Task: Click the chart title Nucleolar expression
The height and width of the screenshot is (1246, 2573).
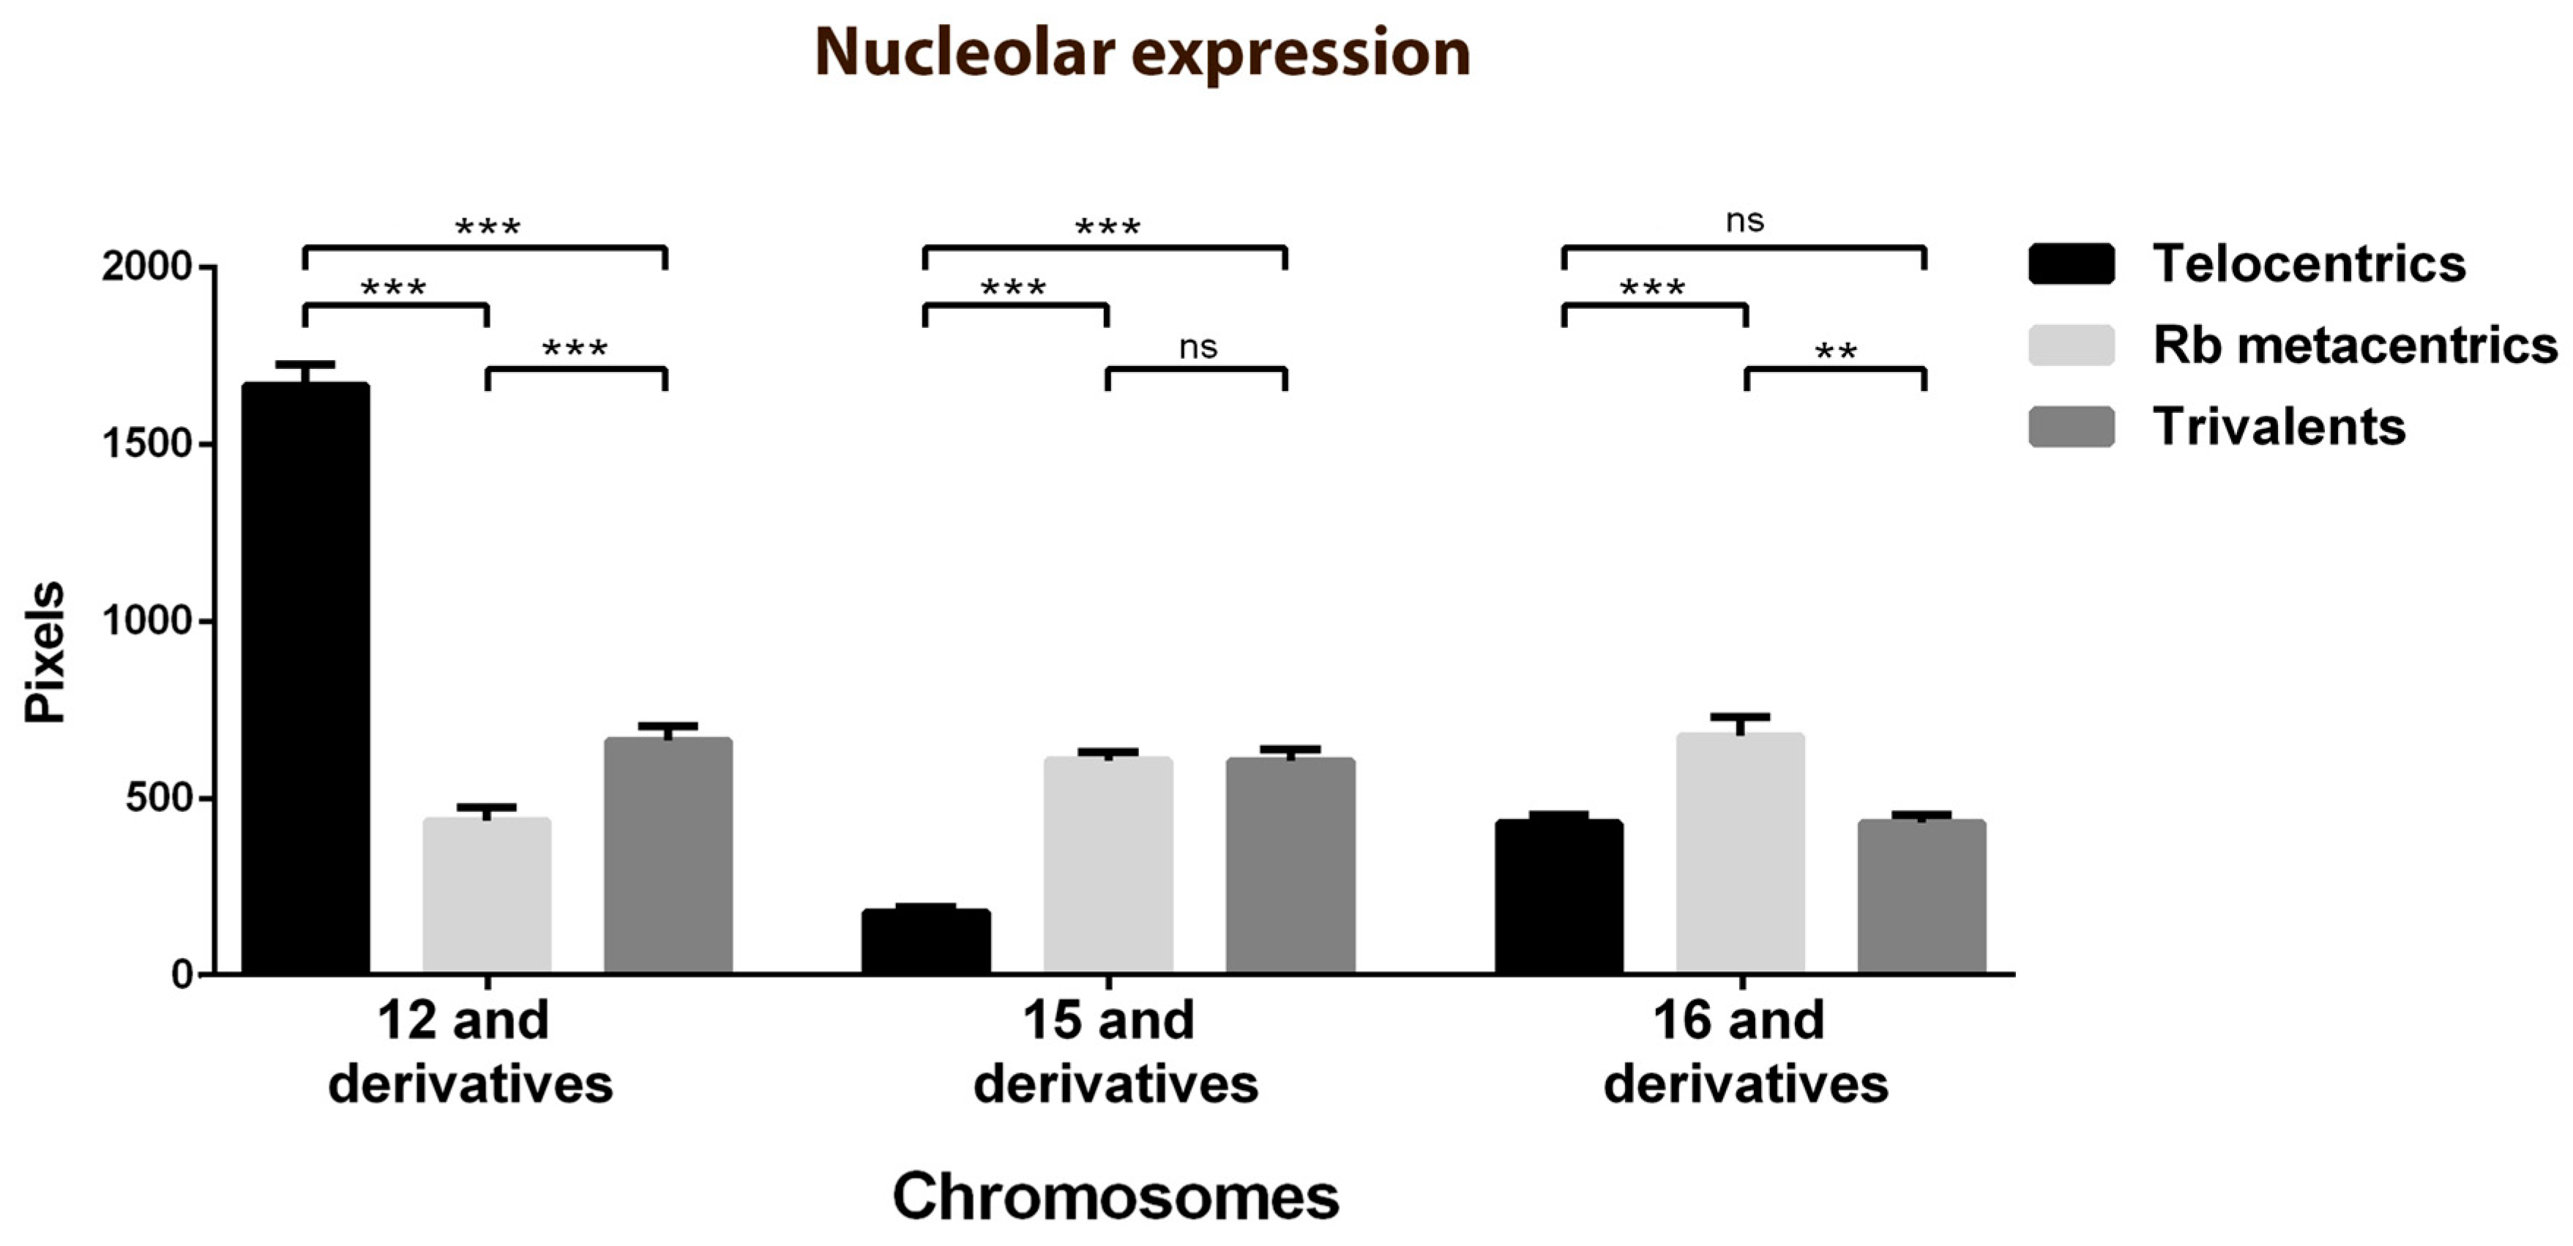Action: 1142,52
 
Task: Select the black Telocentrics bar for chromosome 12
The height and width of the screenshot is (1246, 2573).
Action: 306,679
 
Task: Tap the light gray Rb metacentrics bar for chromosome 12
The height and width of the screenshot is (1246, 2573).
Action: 487,895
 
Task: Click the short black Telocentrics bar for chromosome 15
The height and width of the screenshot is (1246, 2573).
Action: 926,941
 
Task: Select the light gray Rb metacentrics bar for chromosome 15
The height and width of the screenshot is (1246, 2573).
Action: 1108,865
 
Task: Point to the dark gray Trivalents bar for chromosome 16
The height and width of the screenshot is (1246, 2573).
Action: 1922,896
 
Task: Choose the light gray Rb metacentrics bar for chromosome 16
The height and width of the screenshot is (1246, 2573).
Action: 1740,854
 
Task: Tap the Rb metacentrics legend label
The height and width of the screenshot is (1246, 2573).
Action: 2354,346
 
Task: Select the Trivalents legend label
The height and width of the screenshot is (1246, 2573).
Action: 2278,427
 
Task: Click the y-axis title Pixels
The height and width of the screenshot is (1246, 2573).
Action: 45,652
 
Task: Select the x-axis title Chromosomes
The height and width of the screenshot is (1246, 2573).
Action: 1115,1196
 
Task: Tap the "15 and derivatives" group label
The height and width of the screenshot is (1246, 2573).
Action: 1115,1052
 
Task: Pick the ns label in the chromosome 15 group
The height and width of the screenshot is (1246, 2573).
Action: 1198,348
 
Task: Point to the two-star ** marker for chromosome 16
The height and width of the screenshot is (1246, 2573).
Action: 1835,351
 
